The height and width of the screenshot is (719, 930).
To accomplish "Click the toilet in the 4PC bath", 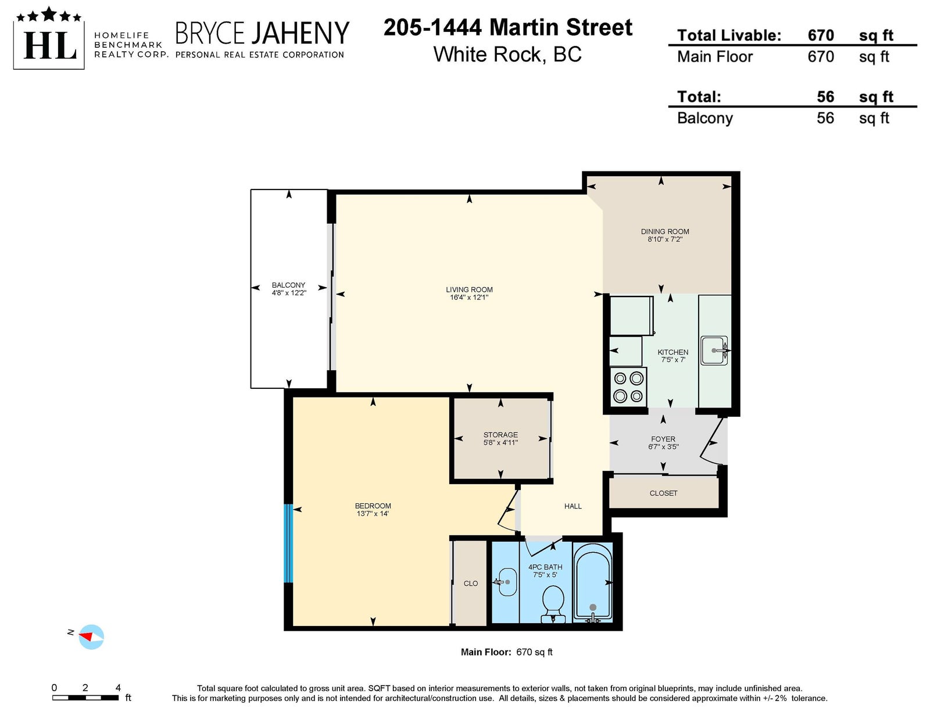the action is coord(553,604).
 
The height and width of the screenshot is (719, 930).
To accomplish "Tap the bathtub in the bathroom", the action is coord(592,582).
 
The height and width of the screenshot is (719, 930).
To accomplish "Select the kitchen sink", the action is coord(714,350).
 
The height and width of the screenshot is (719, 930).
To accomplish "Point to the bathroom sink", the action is coord(507,582).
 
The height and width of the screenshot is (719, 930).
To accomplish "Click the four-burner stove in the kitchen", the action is coord(628,387).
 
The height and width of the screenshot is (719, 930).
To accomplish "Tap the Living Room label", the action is coord(469,289).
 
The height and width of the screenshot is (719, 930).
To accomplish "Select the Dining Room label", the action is coord(664,231).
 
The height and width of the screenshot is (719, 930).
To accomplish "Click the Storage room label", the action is coord(500,435).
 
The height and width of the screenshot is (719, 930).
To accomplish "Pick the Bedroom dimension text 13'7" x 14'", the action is coord(373,514).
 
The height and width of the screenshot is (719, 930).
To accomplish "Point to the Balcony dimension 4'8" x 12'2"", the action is coord(289,293).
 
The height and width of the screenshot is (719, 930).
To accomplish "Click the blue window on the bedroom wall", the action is coord(288,543).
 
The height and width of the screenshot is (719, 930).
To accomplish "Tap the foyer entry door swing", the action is coord(711,441).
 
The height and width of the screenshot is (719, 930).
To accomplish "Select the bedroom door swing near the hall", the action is coord(507,509).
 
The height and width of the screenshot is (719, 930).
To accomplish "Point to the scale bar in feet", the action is coord(85,697).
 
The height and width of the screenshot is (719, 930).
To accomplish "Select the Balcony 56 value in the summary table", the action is coord(825,118).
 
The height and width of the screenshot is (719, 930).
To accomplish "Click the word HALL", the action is coord(573,506).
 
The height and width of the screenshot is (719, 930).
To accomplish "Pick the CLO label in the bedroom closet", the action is coord(470,584).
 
